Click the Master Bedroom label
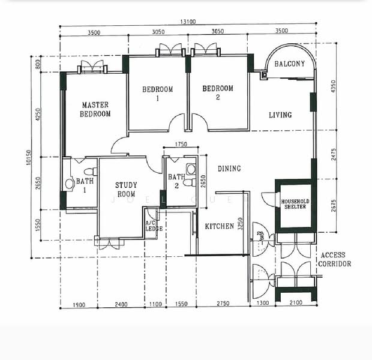click(x=95, y=109)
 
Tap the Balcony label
click(x=289, y=64)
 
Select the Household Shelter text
click(x=295, y=204)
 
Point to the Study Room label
click(x=126, y=190)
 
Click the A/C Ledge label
click(x=154, y=226)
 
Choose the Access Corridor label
click(x=335, y=259)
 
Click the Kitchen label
click(x=220, y=226)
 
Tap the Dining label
click(x=229, y=169)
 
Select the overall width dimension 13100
click(x=188, y=22)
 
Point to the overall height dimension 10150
click(x=28, y=157)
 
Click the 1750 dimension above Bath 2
click(x=181, y=144)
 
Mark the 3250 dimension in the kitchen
click(x=241, y=224)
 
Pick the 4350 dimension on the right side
click(x=334, y=86)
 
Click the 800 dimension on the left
click(x=38, y=64)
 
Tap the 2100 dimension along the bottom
click(x=296, y=302)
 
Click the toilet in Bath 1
click(x=91, y=172)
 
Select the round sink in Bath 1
click(x=70, y=184)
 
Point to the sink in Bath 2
click(x=191, y=169)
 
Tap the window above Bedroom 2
click(x=206, y=50)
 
